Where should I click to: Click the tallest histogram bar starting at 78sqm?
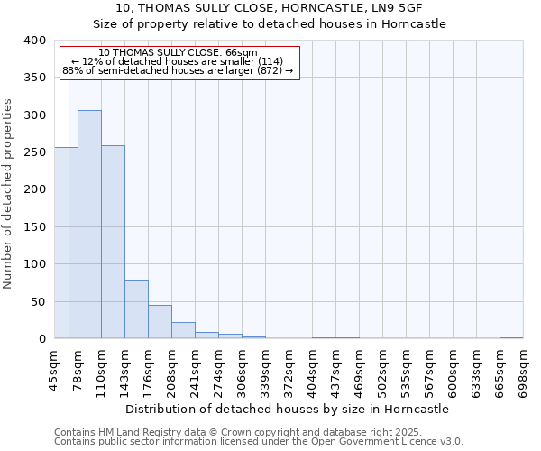pos(89,225)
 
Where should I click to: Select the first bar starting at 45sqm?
pos(66,244)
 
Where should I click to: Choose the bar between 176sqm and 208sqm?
pos(160,322)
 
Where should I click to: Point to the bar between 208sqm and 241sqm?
pos(183,330)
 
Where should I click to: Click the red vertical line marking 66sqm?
pos(69,198)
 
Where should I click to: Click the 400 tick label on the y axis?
pos(35,41)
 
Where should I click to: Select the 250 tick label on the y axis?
pos(35,152)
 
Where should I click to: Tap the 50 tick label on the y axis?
pos(38,301)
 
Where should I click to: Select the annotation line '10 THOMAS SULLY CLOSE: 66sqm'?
pos(179,52)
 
